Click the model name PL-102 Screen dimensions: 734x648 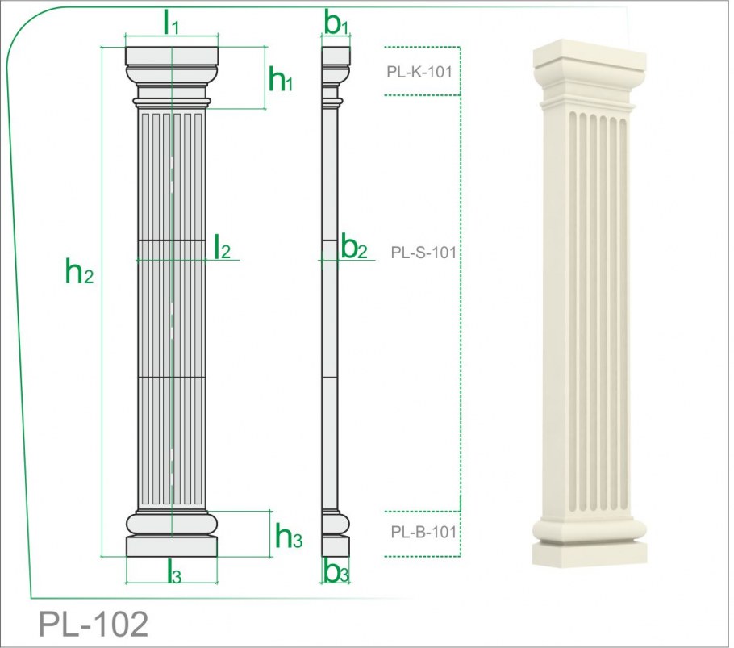(93, 624)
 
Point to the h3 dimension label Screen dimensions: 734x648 (289, 536)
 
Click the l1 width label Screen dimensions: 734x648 (171, 22)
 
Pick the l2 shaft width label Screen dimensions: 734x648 (222, 247)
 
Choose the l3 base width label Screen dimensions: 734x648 (174, 571)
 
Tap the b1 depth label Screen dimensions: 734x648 (336, 23)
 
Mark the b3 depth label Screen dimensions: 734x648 (336, 571)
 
